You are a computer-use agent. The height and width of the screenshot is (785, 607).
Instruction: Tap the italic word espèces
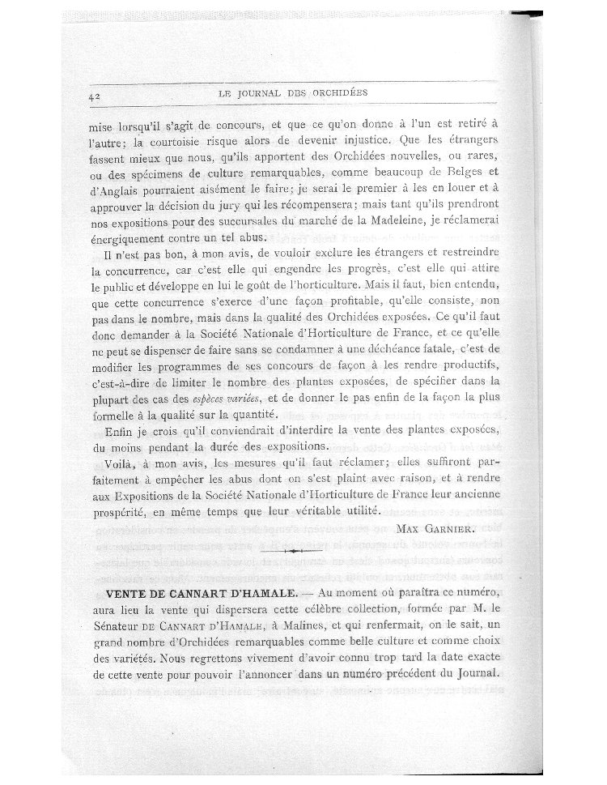coord(211,399)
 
